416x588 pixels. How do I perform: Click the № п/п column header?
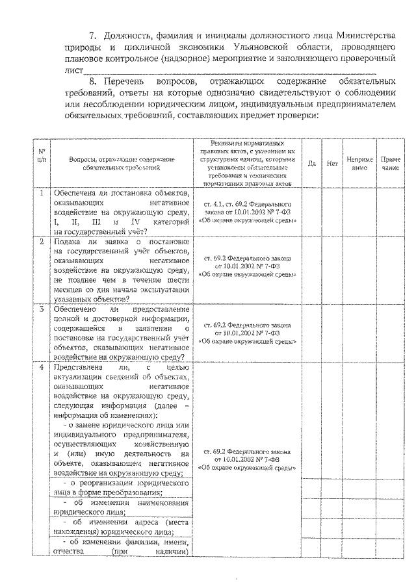(x=42, y=155)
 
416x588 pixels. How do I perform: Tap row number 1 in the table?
(x=41, y=193)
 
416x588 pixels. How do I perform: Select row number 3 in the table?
(x=41, y=309)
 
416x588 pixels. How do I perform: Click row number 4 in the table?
(x=41, y=366)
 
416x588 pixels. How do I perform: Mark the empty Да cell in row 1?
(x=311, y=211)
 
